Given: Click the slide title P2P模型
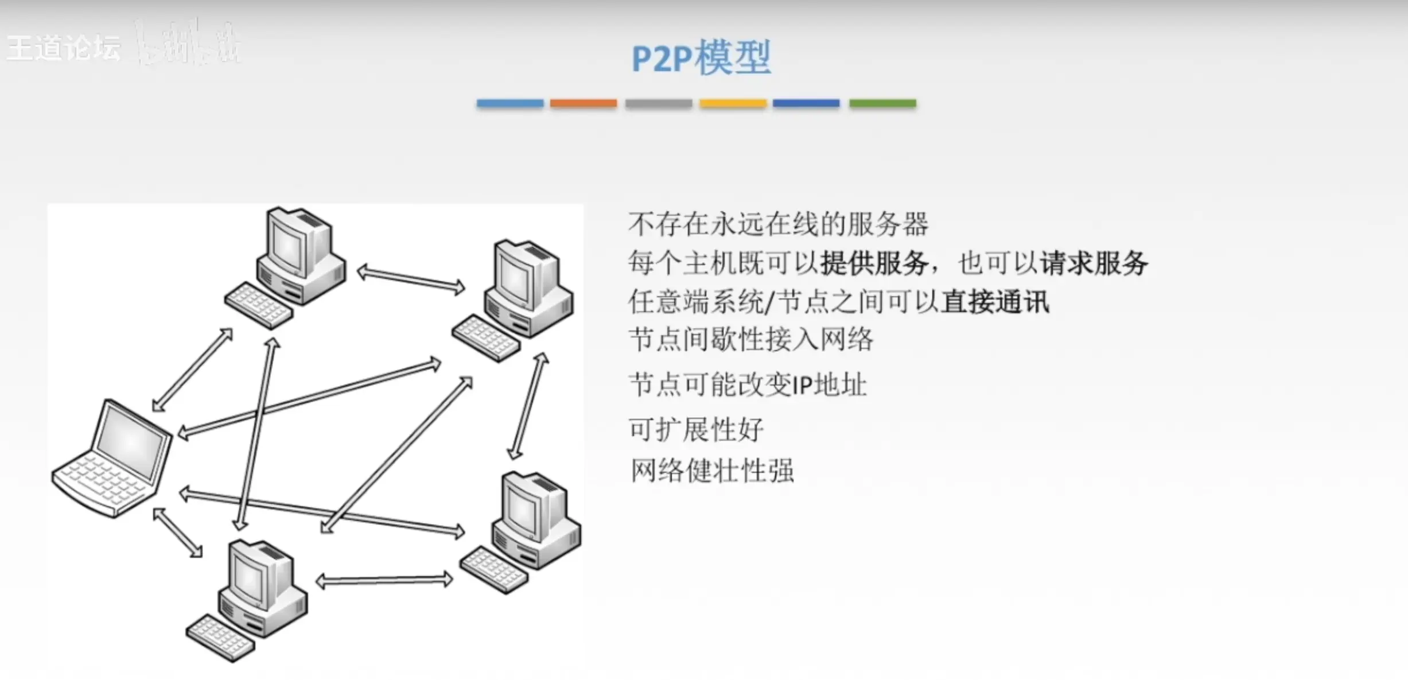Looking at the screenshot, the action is [701, 58].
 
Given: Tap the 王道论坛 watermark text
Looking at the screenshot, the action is [64, 48].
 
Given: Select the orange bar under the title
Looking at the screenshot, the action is [583, 103].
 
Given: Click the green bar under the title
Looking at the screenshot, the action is [882, 103].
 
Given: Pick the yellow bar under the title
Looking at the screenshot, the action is [733, 103].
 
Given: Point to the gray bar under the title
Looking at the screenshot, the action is [658, 103].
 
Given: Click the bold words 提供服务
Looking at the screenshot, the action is [874, 263].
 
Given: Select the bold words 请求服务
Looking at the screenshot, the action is [1094, 263].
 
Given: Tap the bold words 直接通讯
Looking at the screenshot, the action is [995, 302].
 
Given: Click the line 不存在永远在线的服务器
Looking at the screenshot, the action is [778, 224].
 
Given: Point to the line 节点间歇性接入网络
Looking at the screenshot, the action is [750, 340].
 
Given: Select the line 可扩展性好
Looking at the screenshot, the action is [696, 429].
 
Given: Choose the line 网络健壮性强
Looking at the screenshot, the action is [712, 471].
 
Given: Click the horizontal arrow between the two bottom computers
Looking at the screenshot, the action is [384, 581].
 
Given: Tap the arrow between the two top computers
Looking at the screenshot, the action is [411, 279].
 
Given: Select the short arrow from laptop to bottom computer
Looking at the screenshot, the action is [178, 533].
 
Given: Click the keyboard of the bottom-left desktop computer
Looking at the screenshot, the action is [220, 638].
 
